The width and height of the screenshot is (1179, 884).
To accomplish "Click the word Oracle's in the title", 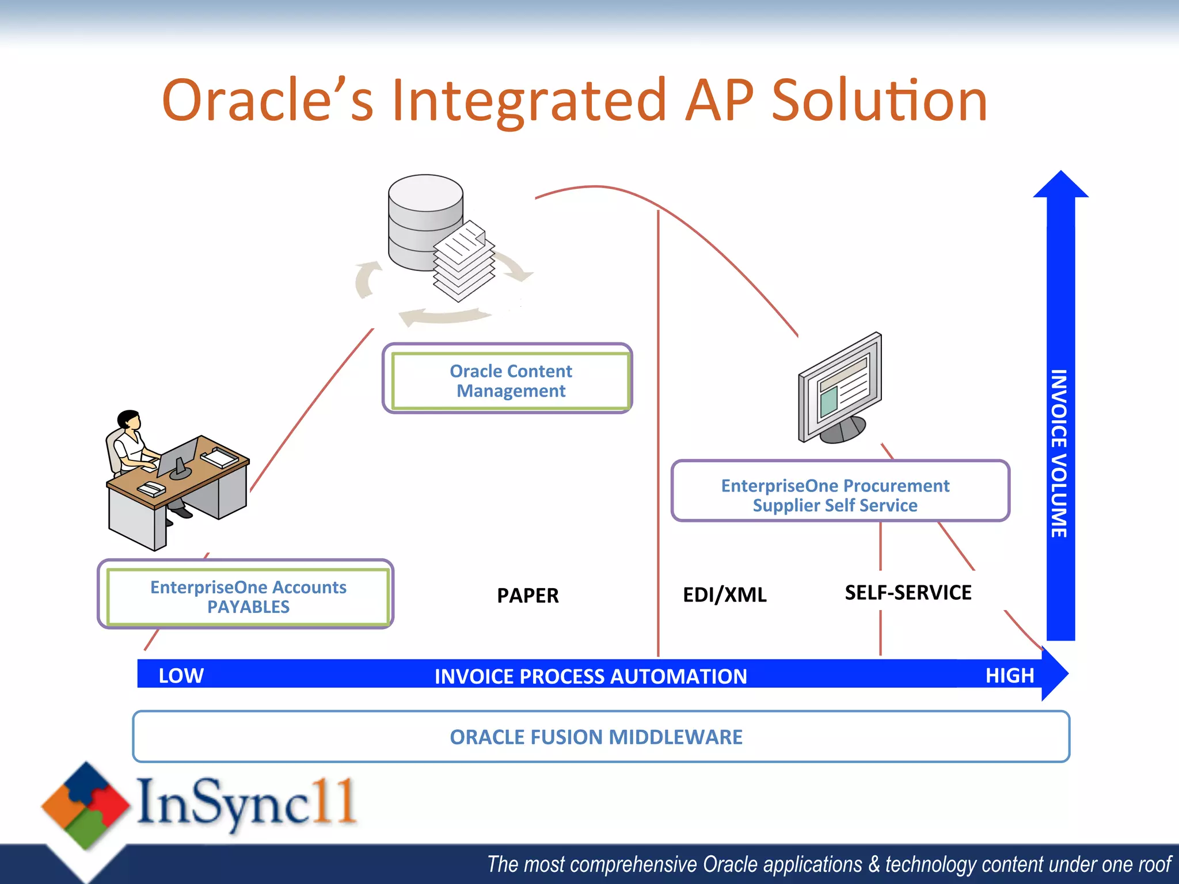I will pos(268,101).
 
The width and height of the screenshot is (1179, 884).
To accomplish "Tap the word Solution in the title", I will pos(879,101).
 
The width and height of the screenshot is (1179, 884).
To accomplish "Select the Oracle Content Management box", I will pos(510,380).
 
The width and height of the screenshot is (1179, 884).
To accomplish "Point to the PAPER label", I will pos(527,596).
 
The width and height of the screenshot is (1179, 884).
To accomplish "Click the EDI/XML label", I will pos(724,595).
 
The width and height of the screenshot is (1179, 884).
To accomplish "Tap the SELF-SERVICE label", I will pos(908,593).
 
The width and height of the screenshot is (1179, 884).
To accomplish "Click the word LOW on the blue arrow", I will pos(181,675).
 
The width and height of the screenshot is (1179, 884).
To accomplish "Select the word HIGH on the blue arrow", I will pos(1009,675).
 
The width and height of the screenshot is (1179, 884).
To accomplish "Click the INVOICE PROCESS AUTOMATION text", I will pos(591,676).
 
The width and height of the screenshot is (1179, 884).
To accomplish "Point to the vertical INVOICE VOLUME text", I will pos(1059,454).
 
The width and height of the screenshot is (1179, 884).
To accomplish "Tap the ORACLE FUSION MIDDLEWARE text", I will pos(596,737).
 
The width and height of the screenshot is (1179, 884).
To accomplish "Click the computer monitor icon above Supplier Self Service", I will pos(840,388).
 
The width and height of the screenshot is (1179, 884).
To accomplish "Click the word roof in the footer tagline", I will pos(1153,864).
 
